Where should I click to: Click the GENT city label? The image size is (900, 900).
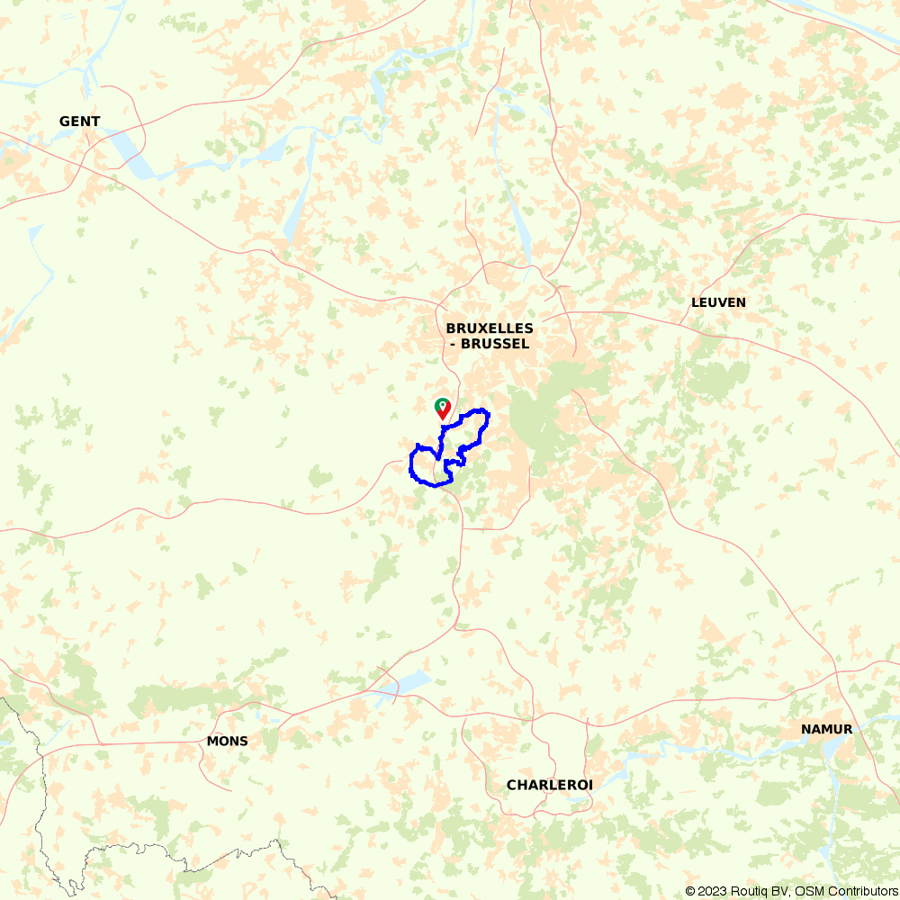coord(79,121)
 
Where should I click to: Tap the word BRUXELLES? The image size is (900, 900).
coord(489,328)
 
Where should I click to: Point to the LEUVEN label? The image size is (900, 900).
coord(718,302)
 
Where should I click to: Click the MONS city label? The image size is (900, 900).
coord(227,742)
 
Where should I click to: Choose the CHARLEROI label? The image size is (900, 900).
coord(549,785)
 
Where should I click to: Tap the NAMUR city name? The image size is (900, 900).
coord(826,729)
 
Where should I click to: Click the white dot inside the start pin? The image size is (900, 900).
coord(442,405)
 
